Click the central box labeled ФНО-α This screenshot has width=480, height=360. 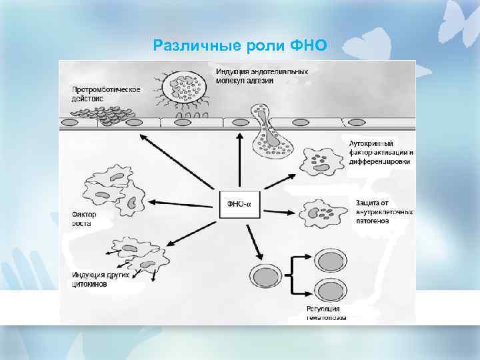[x=239, y=204]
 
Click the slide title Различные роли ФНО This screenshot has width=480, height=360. [x=239, y=45]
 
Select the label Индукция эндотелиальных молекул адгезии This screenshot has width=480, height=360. [x=261, y=76]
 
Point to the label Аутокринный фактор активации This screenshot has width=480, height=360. [x=380, y=152]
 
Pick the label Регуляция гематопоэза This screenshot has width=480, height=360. [x=326, y=313]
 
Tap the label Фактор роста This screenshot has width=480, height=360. [x=84, y=219]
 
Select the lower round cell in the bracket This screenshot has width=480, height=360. [x=328, y=291]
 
